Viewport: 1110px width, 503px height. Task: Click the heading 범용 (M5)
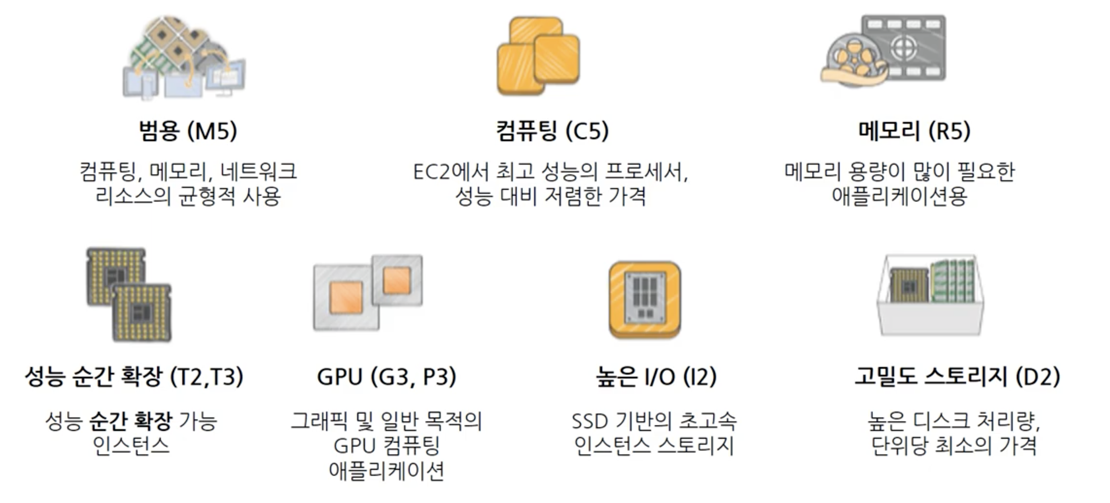(x=188, y=131)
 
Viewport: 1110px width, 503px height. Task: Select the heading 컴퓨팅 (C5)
(x=552, y=131)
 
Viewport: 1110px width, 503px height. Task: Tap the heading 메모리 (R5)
(x=914, y=131)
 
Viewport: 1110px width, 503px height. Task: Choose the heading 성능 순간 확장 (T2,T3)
(x=134, y=377)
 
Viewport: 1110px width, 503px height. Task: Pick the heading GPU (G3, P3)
(x=386, y=377)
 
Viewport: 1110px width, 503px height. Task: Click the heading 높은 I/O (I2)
(x=656, y=377)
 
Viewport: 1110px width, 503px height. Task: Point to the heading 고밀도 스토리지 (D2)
(x=957, y=377)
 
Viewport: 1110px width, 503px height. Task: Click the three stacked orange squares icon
(x=538, y=56)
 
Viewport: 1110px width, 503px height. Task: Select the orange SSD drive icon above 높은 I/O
(x=645, y=300)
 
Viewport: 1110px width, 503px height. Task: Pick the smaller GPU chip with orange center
(x=397, y=280)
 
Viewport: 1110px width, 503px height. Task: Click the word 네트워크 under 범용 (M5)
(x=259, y=172)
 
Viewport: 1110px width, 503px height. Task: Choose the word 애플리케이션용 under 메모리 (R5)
(x=900, y=197)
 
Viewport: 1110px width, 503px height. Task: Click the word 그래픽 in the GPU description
(x=319, y=421)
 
